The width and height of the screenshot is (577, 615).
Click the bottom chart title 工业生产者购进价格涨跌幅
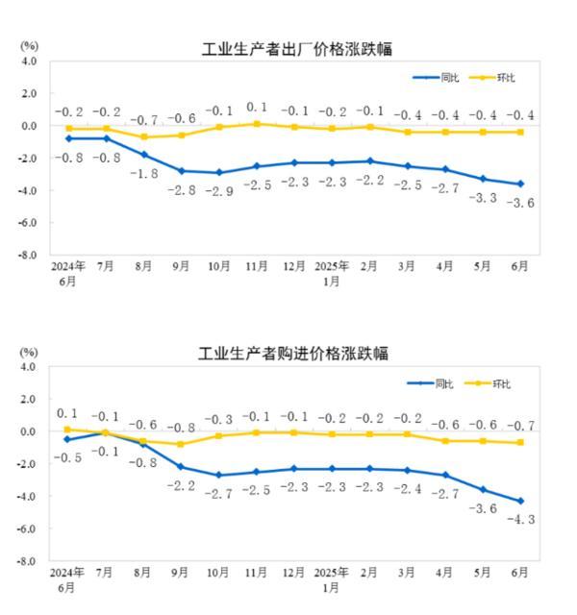[293, 354]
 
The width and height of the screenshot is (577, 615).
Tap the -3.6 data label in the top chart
[520, 203]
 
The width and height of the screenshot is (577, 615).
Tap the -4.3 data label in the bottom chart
[520, 520]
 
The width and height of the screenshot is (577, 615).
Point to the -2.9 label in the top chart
[218, 191]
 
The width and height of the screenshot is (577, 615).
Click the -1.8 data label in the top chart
[143, 174]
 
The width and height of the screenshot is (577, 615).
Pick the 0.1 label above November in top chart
[257, 108]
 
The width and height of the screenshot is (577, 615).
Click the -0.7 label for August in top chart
[143, 120]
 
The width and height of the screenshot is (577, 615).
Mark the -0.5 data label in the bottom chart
[68, 458]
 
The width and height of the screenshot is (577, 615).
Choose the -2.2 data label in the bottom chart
[182, 486]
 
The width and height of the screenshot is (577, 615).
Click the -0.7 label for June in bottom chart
[520, 426]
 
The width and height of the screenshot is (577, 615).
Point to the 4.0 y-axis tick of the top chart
[29, 61]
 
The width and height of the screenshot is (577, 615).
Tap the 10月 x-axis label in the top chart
[218, 266]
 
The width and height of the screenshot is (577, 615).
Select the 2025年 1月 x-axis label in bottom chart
[332, 578]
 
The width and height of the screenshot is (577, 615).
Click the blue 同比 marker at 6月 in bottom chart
[520, 501]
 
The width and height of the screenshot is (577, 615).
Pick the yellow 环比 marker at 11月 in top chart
[257, 124]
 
